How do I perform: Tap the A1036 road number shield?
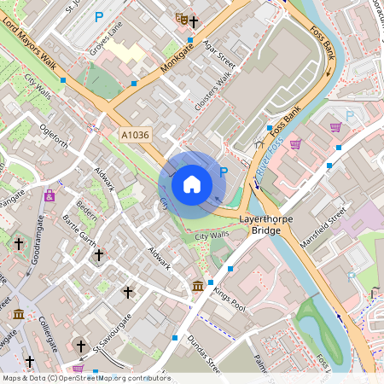click(134, 135)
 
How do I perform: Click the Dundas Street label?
click(204, 354)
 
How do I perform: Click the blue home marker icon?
click(192, 183)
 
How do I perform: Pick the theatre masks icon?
click(180, 17)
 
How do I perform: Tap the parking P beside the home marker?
click(224, 172)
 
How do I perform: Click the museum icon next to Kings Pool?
click(198, 285)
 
